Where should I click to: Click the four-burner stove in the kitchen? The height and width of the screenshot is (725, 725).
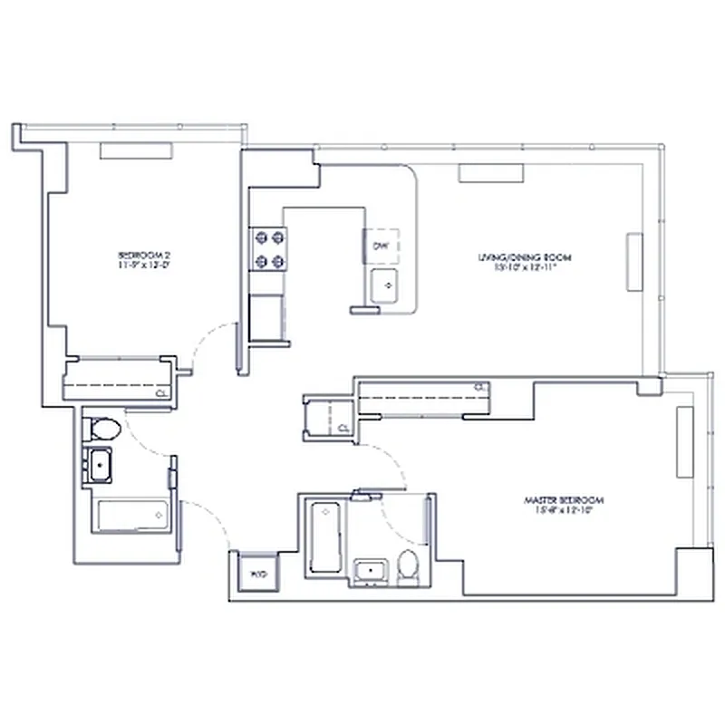pyautogui.click(x=269, y=250)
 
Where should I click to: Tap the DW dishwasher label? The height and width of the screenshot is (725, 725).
pyautogui.click(x=382, y=246)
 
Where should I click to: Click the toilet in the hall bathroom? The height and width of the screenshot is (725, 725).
pyautogui.click(x=101, y=429)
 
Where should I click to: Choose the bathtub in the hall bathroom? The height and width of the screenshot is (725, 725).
pyautogui.click(x=130, y=517)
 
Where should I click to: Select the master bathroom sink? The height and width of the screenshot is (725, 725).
pyautogui.click(x=370, y=572)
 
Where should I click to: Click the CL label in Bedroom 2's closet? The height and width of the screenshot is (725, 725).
pyautogui.click(x=160, y=393)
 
